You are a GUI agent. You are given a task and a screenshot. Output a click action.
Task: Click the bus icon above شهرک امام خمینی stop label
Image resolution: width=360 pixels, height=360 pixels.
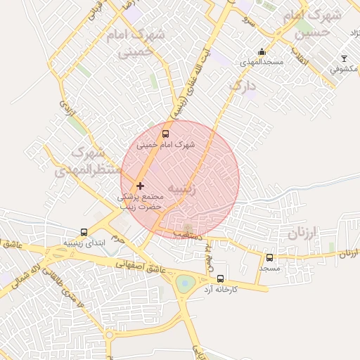166,134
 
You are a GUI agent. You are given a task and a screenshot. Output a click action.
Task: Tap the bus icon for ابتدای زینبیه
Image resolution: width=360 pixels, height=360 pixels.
84,232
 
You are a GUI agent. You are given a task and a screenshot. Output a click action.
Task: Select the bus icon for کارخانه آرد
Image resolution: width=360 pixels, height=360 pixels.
221,278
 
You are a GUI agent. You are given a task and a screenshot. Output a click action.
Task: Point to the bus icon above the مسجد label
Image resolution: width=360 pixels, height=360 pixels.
269,258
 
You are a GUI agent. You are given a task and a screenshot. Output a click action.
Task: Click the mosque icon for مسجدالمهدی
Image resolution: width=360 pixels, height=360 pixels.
262,51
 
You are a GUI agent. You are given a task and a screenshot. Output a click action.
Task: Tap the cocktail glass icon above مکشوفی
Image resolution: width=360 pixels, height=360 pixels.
344,58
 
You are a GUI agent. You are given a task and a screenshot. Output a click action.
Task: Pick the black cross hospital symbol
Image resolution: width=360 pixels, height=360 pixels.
141,186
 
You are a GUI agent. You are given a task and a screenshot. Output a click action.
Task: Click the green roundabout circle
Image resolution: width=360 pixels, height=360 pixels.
185,283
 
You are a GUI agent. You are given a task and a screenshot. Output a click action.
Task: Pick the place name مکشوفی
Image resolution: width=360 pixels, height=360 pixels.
344,70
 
